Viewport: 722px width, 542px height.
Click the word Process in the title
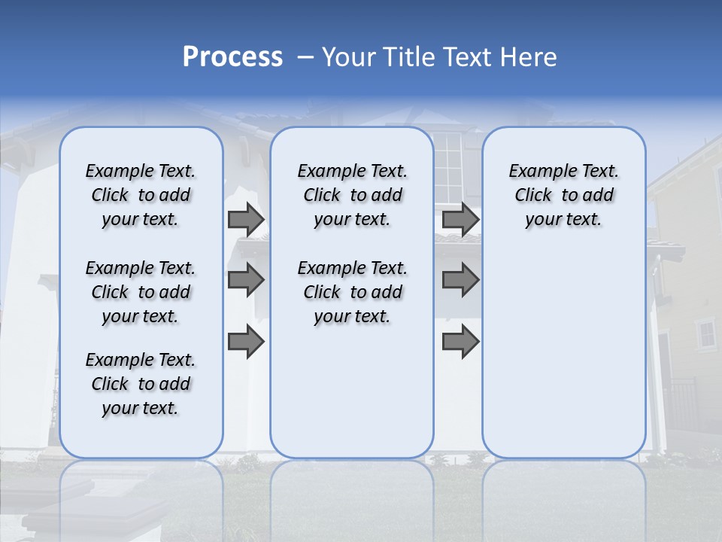pos(232,57)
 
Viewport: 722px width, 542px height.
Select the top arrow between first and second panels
pos(246,220)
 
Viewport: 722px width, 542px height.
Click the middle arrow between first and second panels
pos(246,280)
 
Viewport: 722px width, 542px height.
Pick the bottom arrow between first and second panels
pos(246,342)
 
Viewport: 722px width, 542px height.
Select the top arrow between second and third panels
pos(460,220)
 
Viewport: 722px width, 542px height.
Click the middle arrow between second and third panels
pos(460,280)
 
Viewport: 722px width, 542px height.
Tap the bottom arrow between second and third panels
pos(460,342)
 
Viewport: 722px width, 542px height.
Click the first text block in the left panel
pos(141,195)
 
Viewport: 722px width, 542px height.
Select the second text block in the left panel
pos(141,292)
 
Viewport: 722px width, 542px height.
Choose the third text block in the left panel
pos(141,384)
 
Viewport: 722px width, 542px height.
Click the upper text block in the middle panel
pos(352,195)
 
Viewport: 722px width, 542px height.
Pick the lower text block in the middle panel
pos(352,292)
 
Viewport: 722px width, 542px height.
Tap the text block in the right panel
pos(563,195)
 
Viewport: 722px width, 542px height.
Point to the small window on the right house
pos(706,333)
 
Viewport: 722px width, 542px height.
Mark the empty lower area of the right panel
pos(563,354)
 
